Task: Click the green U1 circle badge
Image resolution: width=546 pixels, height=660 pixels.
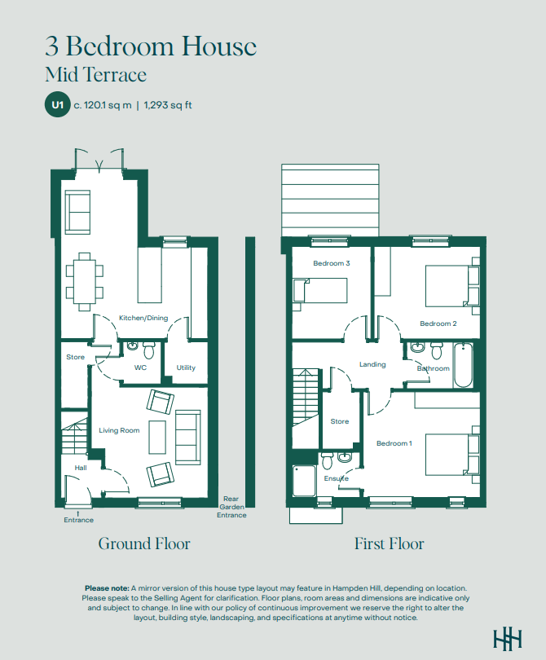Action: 58,104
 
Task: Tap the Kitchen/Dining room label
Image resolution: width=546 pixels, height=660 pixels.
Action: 143,318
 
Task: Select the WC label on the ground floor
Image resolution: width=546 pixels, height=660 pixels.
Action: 141,367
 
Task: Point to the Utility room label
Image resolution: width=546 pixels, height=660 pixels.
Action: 186,367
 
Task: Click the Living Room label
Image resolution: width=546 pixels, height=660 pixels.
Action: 119,430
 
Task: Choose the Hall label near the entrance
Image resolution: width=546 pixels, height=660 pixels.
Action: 81,468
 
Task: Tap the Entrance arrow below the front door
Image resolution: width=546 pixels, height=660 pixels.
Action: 78,513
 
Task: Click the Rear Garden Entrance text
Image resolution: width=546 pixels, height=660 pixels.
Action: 231,507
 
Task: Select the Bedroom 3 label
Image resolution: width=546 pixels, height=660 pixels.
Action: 332,263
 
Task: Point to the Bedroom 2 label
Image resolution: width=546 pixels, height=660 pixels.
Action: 438,323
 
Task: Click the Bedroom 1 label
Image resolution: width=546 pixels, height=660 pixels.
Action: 394,443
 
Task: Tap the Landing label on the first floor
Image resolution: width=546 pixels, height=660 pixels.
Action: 372,364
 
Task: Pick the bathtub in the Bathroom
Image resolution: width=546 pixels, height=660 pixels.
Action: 463,365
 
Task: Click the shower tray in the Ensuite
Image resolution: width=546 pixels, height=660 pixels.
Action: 304,480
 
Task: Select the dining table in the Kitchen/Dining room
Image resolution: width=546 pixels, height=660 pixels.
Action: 84,282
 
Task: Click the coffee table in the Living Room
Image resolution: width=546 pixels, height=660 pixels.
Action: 157,437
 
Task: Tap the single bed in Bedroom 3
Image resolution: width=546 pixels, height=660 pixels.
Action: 320,290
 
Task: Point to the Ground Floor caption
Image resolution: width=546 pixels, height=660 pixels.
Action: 144,543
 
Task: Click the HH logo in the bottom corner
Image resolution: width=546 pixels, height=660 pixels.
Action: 508,639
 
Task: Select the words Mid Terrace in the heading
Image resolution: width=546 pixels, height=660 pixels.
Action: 96,74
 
